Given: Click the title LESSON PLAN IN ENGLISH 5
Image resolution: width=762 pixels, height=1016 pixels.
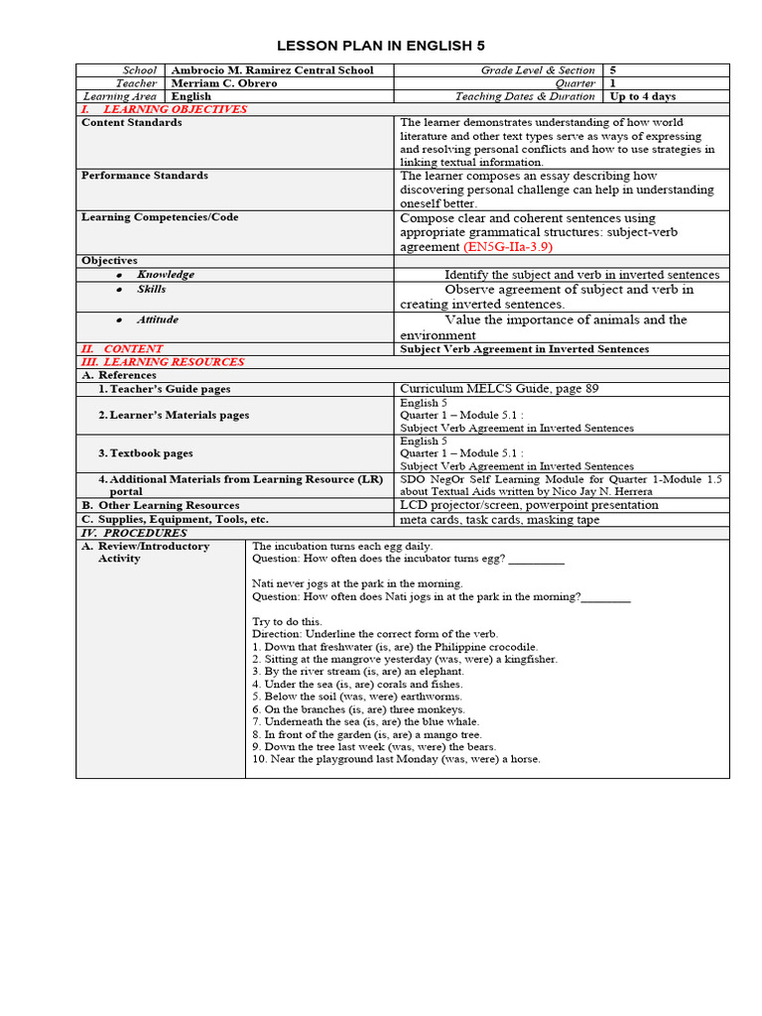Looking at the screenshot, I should (x=381, y=46).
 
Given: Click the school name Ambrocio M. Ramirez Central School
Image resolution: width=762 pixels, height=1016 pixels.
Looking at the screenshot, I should (x=273, y=70).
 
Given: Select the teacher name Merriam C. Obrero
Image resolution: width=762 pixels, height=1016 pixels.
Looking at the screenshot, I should (x=224, y=83).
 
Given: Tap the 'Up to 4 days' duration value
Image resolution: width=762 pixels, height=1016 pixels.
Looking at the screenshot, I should (x=643, y=96).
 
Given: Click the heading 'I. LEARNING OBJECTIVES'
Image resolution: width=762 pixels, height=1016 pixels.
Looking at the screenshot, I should (x=164, y=109).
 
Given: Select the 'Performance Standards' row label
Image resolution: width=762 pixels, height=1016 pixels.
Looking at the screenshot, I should (x=145, y=176).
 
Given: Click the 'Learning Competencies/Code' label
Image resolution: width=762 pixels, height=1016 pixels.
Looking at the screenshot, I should (x=160, y=217).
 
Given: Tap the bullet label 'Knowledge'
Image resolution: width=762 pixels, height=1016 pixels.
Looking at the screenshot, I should (x=166, y=275).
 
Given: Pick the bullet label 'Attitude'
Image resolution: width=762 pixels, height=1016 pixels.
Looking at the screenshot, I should (x=158, y=320).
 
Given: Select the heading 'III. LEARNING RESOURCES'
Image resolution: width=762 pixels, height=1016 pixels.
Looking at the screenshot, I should (x=162, y=362).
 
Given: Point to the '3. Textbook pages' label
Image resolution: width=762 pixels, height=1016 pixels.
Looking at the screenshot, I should (x=146, y=453).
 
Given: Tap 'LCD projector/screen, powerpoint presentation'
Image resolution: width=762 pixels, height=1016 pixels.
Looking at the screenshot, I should (x=529, y=505).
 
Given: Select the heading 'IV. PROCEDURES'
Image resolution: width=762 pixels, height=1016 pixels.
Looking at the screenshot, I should (x=134, y=533).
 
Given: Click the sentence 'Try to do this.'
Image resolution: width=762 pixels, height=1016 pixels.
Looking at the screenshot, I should (x=288, y=621).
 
